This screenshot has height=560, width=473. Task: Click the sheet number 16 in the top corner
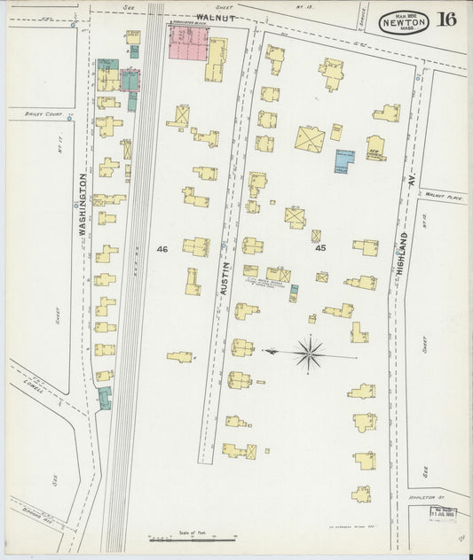click(x=446, y=19)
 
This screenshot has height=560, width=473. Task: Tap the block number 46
click(x=162, y=250)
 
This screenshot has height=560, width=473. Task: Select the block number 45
click(x=320, y=249)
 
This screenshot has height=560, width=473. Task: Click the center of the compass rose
click(x=310, y=354)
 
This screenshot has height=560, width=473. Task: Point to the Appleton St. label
click(x=445, y=500)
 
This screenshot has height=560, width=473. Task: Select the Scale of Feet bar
click(x=192, y=537)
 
